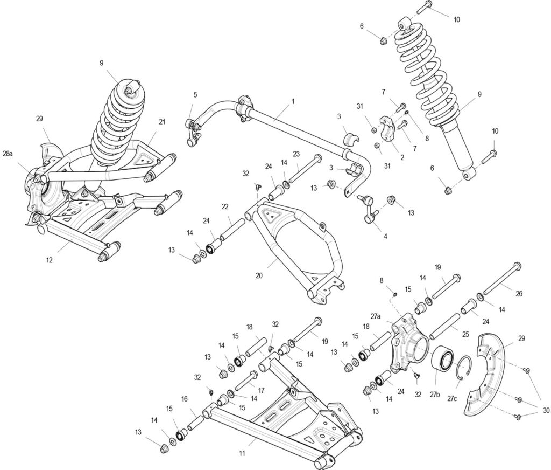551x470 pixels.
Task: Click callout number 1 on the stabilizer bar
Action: tap(293, 101)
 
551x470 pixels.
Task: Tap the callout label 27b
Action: tap(435, 395)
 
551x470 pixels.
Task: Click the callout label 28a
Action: tap(8, 154)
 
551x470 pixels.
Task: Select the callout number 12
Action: tap(49, 260)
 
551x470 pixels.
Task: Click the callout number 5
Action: tap(195, 95)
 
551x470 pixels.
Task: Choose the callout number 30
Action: tap(546, 411)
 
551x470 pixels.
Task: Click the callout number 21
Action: tap(161, 122)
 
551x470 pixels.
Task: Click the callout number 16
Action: tap(184, 399)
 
